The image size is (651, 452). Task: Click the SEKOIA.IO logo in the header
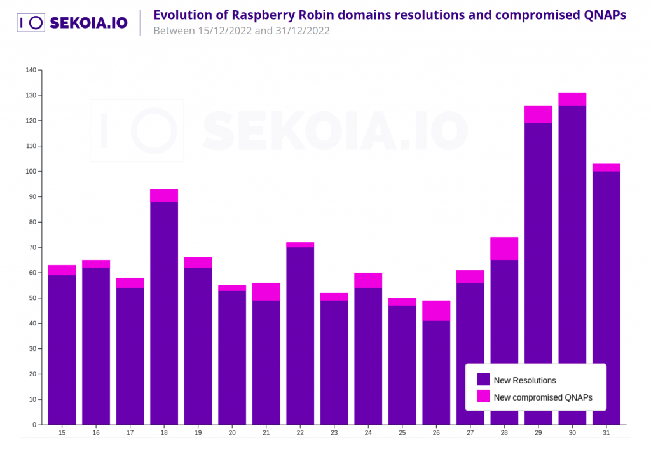[72, 23]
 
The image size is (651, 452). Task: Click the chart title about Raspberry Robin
[390, 15]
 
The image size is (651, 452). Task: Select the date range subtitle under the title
[242, 31]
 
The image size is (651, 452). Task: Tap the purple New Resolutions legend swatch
[483, 380]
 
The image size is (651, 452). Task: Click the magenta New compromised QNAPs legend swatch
[483, 397]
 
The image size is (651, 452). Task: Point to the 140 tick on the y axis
[31, 70]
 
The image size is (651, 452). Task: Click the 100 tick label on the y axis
[31, 172]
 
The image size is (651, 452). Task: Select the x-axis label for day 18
[164, 433]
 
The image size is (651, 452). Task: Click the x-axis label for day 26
[436, 433]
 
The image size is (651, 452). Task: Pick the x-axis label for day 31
[606, 433]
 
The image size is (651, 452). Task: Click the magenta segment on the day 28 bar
[504, 249]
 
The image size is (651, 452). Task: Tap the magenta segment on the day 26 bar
[436, 311]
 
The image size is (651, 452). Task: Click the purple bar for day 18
[164, 312]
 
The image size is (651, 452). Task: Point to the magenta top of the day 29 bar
[538, 114]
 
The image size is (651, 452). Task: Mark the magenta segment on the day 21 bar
[266, 292]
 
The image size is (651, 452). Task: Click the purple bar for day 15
[62, 350]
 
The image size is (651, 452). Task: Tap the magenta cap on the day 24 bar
[368, 280]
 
